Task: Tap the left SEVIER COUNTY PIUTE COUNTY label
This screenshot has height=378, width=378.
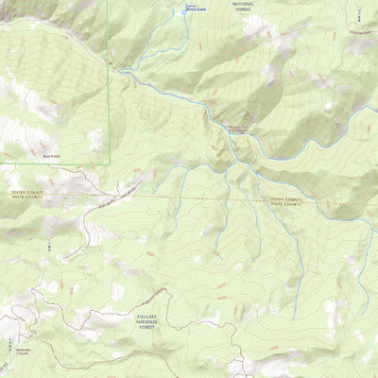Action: pos(27,195)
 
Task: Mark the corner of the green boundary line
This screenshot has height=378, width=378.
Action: pos(110,163)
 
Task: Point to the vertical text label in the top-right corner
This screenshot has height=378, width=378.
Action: pos(359,11)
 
